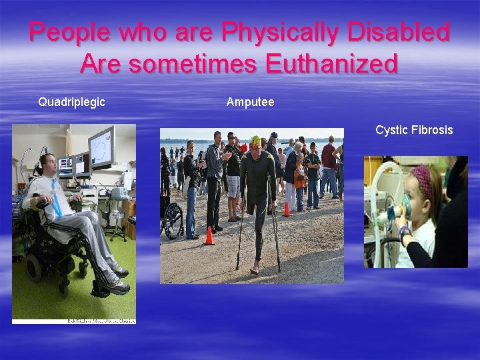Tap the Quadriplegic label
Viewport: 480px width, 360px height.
pyautogui.click(x=71, y=102)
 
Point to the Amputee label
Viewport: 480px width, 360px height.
pyautogui.click(x=250, y=102)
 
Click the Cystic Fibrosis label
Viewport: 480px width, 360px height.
pyautogui.click(x=413, y=129)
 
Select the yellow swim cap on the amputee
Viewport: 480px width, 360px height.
pyautogui.click(x=256, y=141)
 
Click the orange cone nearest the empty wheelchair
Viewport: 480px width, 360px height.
pyautogui.click(x=209, y=235)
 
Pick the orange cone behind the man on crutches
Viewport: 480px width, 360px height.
pyautogui.click(x=287, y=209)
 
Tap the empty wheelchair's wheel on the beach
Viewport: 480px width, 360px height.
pyautogui.click(x=173, y=223)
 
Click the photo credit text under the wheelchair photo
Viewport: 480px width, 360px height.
pyautogui.click(x=100, y=321)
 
